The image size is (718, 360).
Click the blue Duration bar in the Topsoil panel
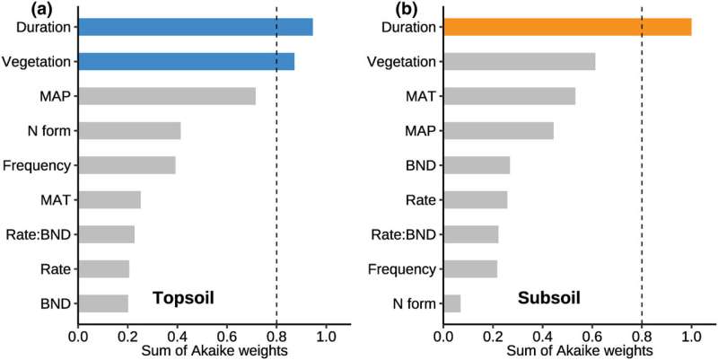196,27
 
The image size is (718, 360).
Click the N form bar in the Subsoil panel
452,303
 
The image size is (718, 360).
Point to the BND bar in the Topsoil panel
104,303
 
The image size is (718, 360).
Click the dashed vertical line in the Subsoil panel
642,180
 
